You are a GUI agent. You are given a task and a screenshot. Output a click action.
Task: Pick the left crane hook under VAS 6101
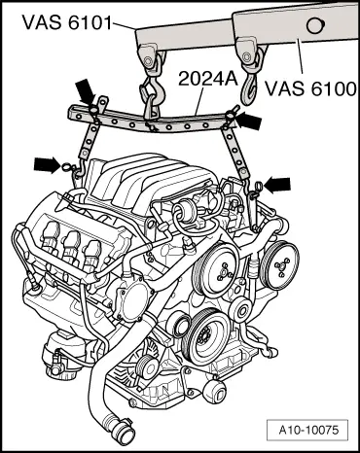(151, 95)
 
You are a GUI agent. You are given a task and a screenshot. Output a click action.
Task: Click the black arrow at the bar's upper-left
(86, 93)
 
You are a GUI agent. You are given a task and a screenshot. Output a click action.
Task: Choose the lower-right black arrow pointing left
(279, 181)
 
